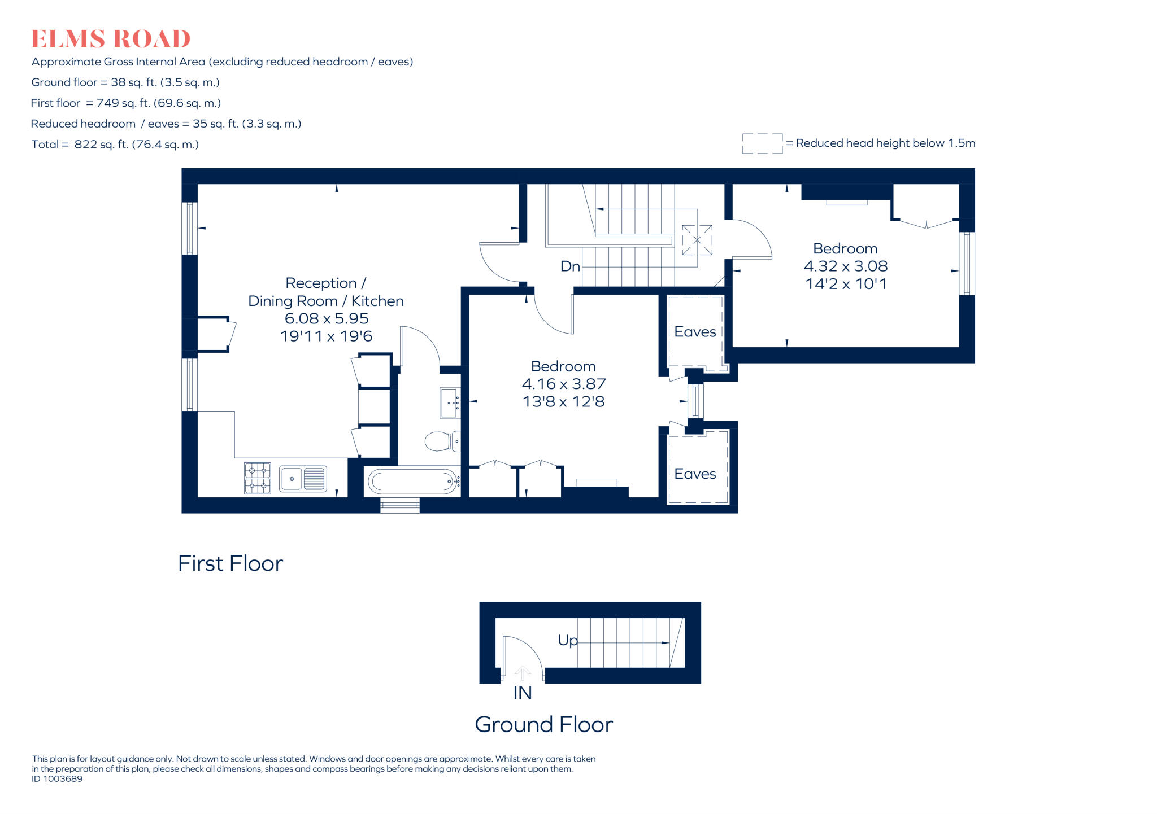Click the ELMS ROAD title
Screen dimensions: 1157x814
click(x=111, y=39)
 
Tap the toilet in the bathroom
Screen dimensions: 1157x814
click(x=442, y=441)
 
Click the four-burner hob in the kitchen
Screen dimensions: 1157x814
click(x=257, y=478)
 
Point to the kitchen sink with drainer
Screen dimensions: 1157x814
click(x=303, y=479)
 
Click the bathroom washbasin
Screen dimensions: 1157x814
click(x=450, y=402)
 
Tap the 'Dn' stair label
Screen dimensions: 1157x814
click(x=570, y=266)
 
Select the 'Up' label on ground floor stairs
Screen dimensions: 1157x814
click(x=568, y=641)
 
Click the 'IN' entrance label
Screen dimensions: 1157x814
click(x=523, y=693)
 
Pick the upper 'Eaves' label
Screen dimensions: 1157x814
click(x=695, y=332)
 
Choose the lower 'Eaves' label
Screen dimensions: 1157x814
click(x=695, y=474)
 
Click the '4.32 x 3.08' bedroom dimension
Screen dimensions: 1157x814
click(x=846, y=266)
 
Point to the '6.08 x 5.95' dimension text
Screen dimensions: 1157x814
click(x=327, y=318)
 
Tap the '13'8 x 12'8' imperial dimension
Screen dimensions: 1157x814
click(x=564, y=401)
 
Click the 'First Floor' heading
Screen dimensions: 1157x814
click(x=230, y=563)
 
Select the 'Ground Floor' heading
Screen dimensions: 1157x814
click(x=543, y=724)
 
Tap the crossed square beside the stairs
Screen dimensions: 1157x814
click(x=697, y=240)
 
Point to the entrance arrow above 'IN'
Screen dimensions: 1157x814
click(x=523, y=673)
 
